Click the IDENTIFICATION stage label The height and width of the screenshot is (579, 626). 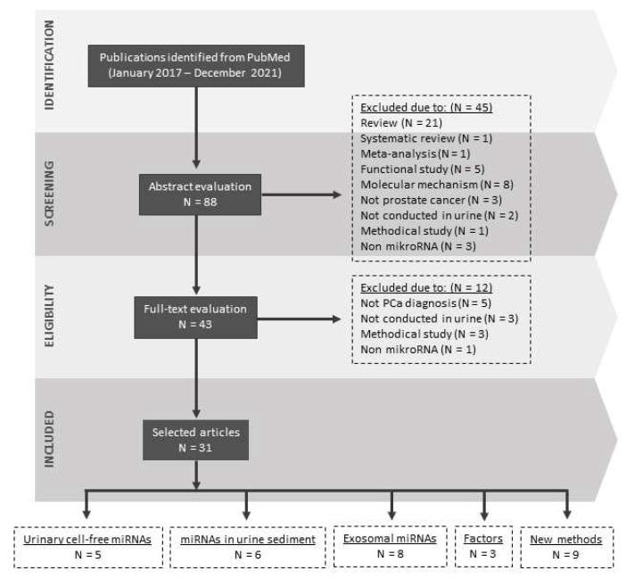coord(50,65)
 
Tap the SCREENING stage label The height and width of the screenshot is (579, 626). coord(50,195)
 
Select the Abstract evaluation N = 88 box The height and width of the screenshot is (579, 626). coord(194,194)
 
